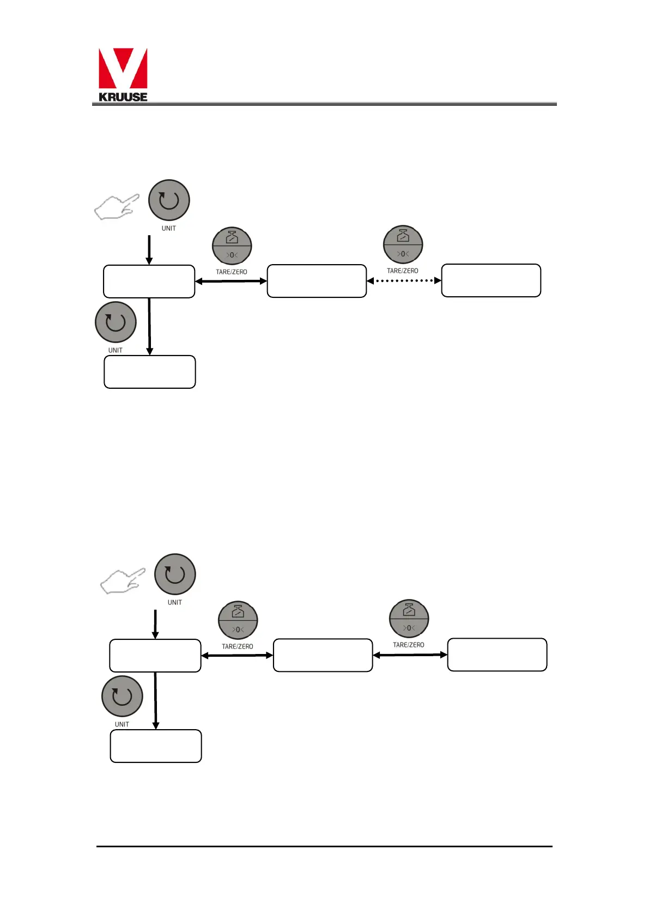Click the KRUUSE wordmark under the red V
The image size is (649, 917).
(123, 97)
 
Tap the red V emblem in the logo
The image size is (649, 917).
(123, 68)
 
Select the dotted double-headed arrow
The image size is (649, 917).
(404, 281)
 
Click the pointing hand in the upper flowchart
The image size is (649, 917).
(116, 207)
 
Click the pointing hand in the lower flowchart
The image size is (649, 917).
(123, 581)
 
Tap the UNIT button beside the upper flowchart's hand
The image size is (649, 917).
(169, 200)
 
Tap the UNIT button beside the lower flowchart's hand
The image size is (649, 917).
(175, 574)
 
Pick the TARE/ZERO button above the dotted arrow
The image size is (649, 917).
(403, 245)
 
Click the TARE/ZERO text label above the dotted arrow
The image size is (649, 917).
(403, 271)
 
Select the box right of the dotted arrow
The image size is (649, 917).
(491, 280)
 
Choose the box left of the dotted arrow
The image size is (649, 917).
(317, 281)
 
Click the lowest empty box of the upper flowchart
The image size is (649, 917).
(150, 372)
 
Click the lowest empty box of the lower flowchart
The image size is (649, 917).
(156, 746)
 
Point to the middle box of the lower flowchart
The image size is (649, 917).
(323, 655)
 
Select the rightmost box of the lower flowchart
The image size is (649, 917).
(497, 655)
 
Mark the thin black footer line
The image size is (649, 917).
(324, 846)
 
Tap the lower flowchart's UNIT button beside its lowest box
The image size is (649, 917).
(122, 696)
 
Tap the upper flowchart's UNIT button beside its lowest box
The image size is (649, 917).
(116, 322)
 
